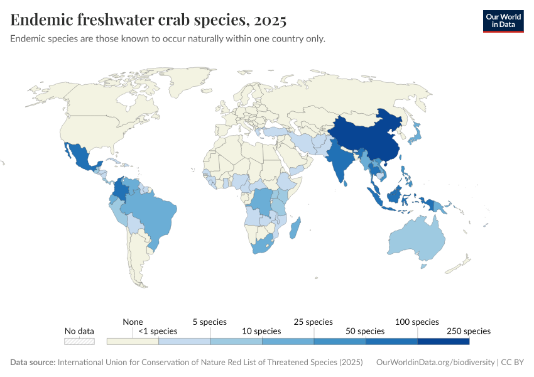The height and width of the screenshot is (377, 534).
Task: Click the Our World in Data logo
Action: click(x=503, y=21)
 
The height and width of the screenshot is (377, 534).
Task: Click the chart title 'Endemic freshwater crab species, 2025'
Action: click(x=148, y=20)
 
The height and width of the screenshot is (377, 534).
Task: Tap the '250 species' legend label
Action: click(x=469, y=331)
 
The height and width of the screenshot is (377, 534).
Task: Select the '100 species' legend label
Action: click(x=417, y=322)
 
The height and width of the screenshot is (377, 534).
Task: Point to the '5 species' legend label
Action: click(x=210, y=322)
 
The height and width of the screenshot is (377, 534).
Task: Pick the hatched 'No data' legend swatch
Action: click(x=79, y=341)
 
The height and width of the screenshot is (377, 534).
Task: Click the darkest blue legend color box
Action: click(x=444, y=341)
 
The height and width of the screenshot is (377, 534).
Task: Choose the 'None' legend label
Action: click(x=133, y=322)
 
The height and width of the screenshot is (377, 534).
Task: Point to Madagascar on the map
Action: click(x=295, y=227)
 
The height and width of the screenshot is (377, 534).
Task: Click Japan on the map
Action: click(x=415, y=133)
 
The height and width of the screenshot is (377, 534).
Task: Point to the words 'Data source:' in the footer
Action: click(x=33, y=363)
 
